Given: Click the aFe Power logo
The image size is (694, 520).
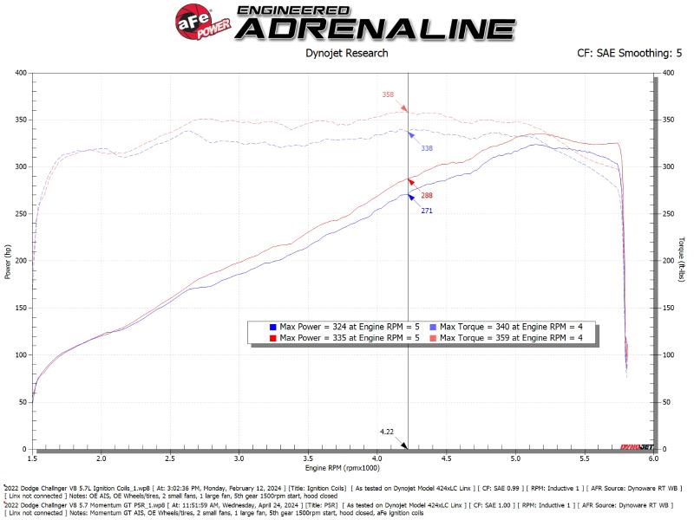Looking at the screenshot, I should point(199,22).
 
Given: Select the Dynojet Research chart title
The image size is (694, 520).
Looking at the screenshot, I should point(347,53).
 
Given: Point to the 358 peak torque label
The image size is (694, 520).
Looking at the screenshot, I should point(388,94).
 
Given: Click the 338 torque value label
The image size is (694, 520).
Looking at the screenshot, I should point(427,148).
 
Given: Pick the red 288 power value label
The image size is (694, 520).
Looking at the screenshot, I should point(427,196).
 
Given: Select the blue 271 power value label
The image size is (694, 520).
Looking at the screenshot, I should point(427,211).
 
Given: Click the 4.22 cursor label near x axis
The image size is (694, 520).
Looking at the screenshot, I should point(388,431).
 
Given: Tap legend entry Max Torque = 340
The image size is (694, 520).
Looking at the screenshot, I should point(512,326).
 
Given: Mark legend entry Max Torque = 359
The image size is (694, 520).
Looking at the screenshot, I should point(512,336).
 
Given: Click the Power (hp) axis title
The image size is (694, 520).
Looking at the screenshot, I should point(8,260).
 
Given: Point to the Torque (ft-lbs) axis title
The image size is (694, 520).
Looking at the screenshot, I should point(684,260).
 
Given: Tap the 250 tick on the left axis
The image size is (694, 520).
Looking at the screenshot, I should point(20,213).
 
